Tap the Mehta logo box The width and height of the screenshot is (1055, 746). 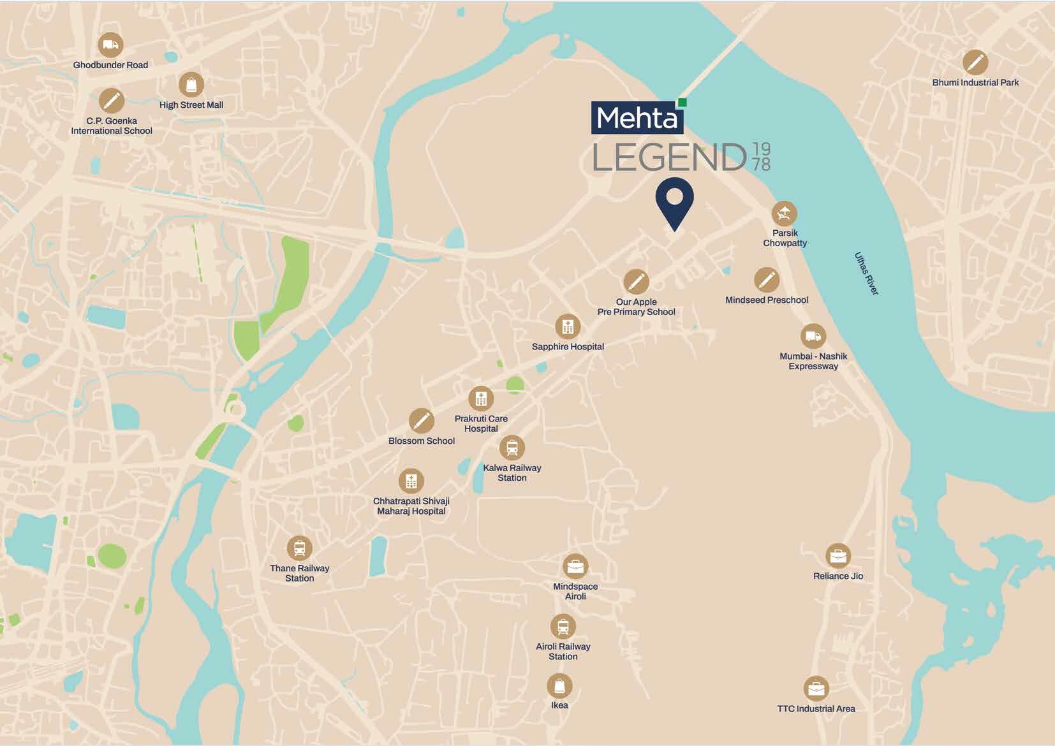(x=637, y=119)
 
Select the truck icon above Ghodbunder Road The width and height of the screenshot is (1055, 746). (x=110, y=45)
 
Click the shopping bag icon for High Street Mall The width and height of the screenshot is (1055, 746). (x=191, y=85)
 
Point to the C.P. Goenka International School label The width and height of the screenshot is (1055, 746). (x=112, y=126)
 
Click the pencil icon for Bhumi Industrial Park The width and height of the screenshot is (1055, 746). (x=975, y=62)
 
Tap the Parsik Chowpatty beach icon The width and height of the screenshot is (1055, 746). (x=785, y=214)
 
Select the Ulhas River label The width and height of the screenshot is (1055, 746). (x=866, y=274)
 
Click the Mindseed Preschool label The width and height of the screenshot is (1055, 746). (x=767, y=300)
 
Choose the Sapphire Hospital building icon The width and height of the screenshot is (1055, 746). (x=568, y=327)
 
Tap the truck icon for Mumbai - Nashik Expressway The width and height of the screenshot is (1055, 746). (x=813, y=336)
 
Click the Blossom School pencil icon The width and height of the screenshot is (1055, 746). (x=421, y=421)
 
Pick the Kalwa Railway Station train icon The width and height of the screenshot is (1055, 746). (x=512, y=448)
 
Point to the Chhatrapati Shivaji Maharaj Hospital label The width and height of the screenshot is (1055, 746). (x=411, y=506)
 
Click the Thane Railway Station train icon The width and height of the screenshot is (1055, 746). (x=299, y=548)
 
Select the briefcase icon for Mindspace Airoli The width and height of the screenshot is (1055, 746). (x=575, y=566)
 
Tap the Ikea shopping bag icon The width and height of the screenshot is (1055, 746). (x=559, y=686)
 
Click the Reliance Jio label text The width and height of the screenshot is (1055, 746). (x=838, y=576)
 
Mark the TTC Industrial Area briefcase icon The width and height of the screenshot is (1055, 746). (x=816, y=689)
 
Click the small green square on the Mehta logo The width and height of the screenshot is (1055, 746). (x=682, y=102)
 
